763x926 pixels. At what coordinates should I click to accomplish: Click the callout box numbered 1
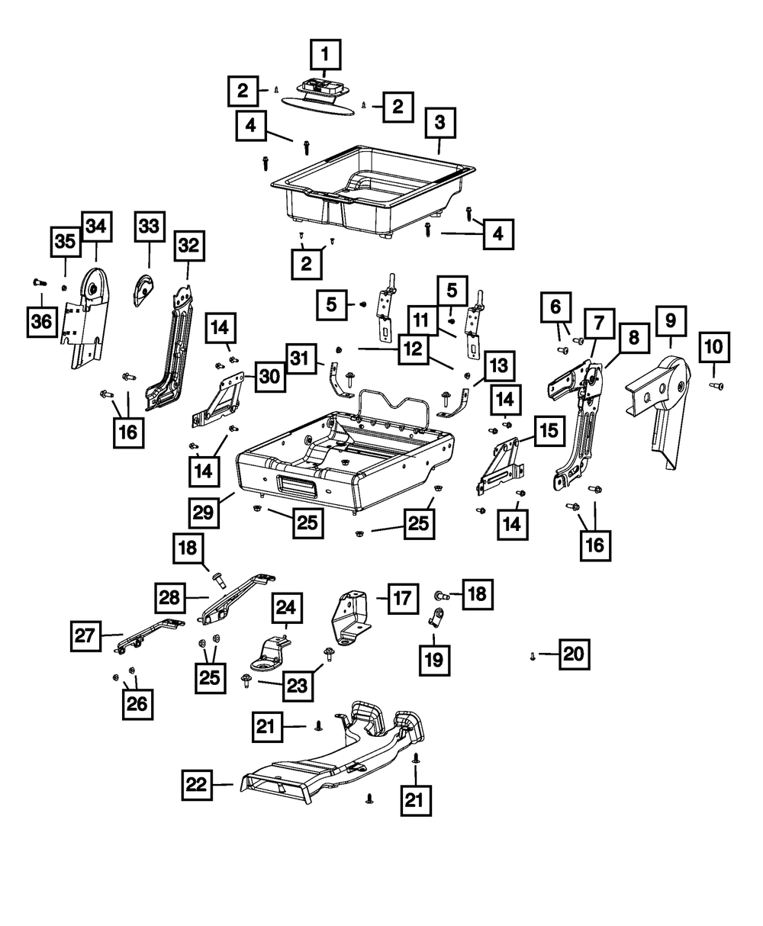(325, 56)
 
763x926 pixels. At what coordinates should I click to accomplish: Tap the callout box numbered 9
(670, 322)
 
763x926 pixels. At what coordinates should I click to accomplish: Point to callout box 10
(713, 347)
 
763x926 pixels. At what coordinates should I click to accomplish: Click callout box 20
(575, 654)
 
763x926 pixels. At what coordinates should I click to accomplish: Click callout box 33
(149, 227)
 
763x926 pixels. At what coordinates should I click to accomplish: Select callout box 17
(403, 599)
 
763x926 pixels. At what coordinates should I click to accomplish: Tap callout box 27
(87, 635)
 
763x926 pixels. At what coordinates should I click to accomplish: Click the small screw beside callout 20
(531, 654)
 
